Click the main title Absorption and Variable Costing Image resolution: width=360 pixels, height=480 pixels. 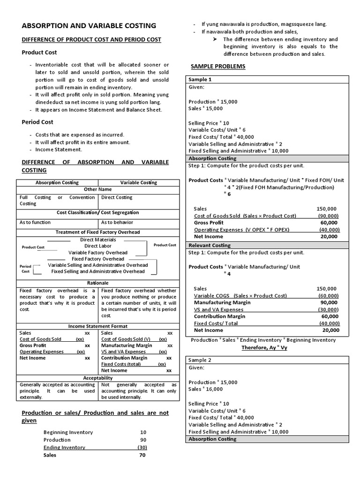[x=90, y=25]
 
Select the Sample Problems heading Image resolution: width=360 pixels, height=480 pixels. [x=217, y=66]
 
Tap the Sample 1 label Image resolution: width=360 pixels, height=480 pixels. [x=200, y=80]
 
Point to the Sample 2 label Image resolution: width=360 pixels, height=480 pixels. [x=200, y=360]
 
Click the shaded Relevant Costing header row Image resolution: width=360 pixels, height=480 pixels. [x=209, y=245]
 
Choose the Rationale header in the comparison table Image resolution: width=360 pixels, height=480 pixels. [x=98, y=283]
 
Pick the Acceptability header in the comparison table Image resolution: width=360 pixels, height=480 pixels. [x=98, y=378]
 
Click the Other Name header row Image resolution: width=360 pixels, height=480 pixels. [x=98, y=189]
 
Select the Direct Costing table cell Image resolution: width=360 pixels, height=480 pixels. [x=117, y=197]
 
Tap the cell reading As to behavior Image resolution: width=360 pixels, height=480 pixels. [x=117, y=222]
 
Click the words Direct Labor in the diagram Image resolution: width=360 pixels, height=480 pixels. [x=98, y=246]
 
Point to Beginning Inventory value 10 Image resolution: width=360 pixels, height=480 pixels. [x=143, y=432]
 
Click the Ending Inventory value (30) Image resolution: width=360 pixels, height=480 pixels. [x=142, y=447]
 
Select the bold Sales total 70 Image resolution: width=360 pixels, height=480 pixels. [x=142, y=455]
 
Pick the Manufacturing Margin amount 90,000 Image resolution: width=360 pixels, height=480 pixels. [x=330, y=303]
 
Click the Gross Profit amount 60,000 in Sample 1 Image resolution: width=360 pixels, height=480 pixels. [x=330, y=223]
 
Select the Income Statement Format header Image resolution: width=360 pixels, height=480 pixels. [x=98, y=326]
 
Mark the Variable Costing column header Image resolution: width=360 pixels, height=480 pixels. [x=139, y=182]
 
